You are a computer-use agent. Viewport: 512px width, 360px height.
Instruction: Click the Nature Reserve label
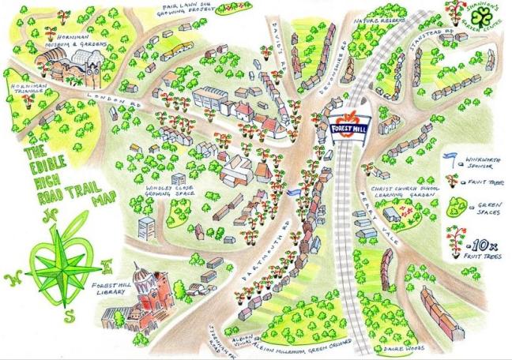(382, 14)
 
